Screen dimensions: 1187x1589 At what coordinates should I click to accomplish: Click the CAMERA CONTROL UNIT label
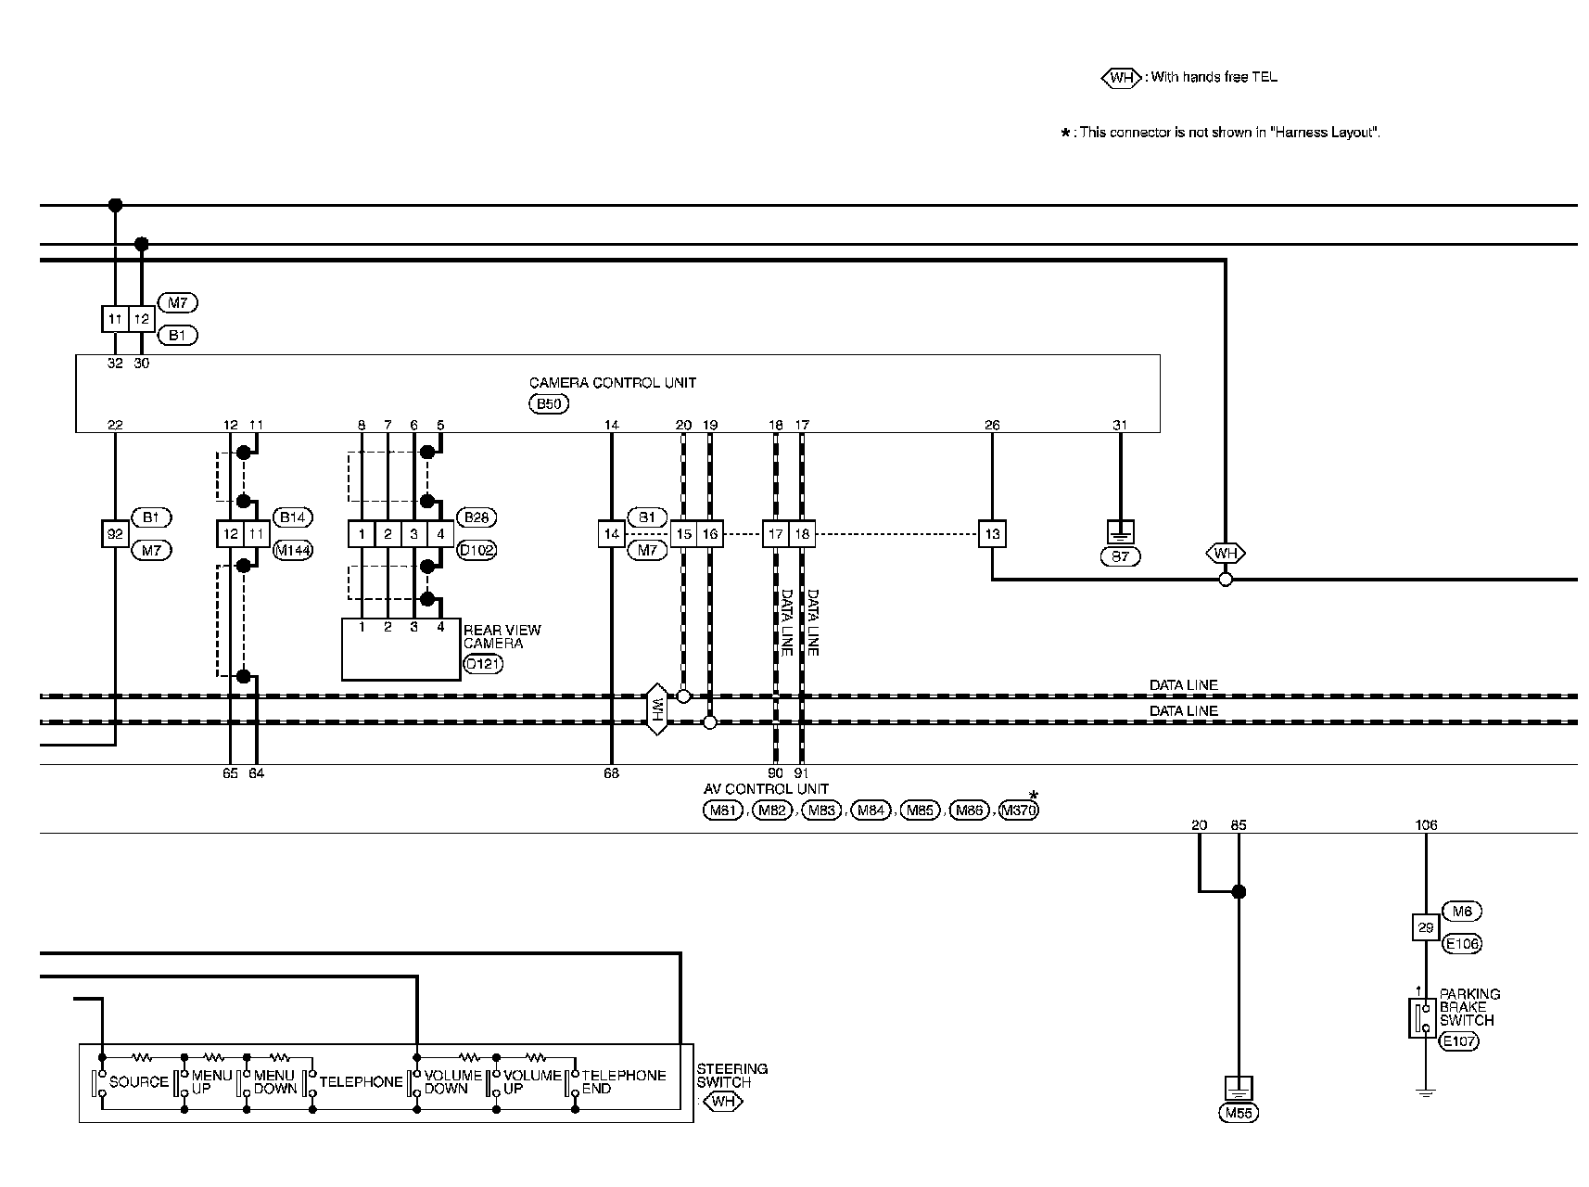[x=612, y=382]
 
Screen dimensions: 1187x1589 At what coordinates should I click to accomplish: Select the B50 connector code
[x=548, y=403]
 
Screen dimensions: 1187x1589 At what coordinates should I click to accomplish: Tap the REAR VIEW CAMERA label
[x=502, y=636]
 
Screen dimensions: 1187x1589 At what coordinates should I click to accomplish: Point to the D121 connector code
[x=482, y=664]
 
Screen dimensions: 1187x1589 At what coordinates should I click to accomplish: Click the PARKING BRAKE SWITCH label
[x=1468, y=1006]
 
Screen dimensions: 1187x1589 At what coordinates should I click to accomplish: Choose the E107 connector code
[x=1458, y=1040]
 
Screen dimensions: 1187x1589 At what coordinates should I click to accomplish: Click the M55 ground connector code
[x=1239, y=1113]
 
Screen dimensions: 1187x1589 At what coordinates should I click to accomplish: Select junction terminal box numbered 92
[x=115, y=534]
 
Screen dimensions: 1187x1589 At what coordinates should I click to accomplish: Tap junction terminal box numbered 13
[x=992, y=534]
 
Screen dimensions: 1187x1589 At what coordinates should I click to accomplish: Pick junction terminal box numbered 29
[x=1426, y=927]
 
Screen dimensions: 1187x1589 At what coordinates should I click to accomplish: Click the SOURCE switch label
[x=139, y=1081]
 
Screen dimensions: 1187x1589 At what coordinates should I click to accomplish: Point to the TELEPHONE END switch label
[x=623, y=1081]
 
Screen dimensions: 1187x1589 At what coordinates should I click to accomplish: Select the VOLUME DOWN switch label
[x=452, y=1081]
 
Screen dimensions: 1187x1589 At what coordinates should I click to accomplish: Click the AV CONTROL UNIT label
[x=765, y=789]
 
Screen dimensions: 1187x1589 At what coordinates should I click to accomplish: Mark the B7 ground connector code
[x=1120, y=556]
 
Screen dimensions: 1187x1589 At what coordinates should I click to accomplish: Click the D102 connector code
[x=477, y=550]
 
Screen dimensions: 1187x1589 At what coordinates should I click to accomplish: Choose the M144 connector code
[x=293, y=550]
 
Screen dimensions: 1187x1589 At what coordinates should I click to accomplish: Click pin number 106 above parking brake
[x=1426, y=824]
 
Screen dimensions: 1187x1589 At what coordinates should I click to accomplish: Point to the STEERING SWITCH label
[x=731, y=1075]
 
